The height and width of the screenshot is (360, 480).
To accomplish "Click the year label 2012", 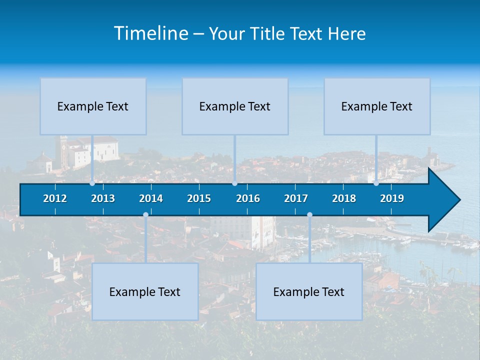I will click(55, 198).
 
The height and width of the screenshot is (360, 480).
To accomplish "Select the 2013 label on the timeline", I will click(103, 198).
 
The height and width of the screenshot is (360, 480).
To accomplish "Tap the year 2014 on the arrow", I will click(151, 198).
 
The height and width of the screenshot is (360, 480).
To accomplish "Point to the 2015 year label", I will click(199, 198).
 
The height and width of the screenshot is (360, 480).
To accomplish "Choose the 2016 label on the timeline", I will click(248, 198).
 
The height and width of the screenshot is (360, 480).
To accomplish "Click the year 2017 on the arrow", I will click(296, 198).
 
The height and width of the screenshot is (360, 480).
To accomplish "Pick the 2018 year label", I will click(344, 198).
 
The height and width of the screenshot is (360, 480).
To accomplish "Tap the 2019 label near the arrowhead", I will click(392, 198).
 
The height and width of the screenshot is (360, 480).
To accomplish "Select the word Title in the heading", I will click(270, 33).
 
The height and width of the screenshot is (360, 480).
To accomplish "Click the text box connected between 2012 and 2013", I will click(93, 106).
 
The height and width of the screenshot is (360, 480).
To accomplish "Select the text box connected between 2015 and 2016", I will click(235, 106).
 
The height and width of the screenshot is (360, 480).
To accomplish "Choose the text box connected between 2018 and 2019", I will click(377, 106).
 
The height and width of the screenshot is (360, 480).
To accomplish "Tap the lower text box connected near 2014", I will click(145, 291).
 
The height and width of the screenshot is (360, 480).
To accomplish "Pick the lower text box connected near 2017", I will click(309, 291).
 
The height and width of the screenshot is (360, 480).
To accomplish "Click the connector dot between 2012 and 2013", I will click(92, 183).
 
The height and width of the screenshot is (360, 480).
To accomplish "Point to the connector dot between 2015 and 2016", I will click(234, 183).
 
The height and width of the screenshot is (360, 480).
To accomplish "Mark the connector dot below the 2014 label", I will click(145, 215).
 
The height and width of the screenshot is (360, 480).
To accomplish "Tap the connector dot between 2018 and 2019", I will click(376, 183).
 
